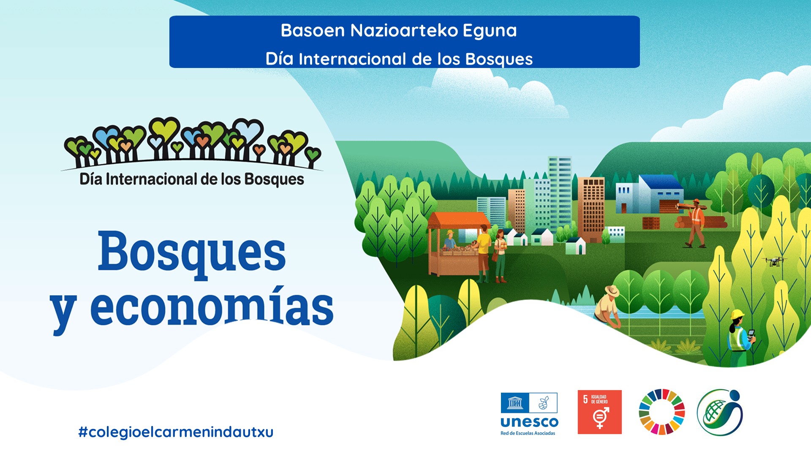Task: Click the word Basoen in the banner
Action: (x=313, y=30)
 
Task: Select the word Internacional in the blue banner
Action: (x=352, y=59)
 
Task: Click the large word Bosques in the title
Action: (x=192, y=253)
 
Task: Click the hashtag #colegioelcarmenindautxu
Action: (x=176, y=432)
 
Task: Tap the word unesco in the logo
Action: (x=529, y=422)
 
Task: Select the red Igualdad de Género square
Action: (x=599, y=412)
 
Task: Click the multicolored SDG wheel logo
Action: (x=661, y=412)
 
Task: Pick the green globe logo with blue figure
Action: (x=719, y=413)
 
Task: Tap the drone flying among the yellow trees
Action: (x=774, y=261)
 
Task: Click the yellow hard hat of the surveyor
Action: (x=737, y=315)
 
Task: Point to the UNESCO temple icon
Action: (x=514, y=403)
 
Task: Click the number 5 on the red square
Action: (x=585, y=399)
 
